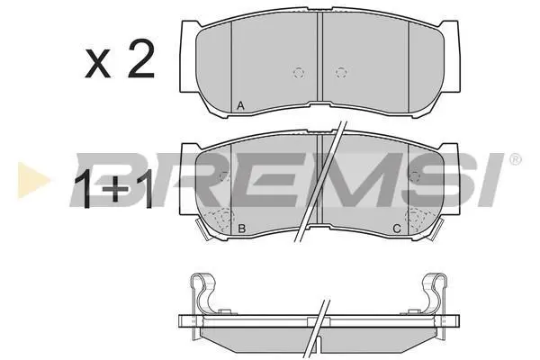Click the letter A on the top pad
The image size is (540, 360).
[240, 106]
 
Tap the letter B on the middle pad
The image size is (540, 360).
[242, 228]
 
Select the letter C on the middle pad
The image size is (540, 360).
[397, 228]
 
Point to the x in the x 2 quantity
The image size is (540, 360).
[98, 63]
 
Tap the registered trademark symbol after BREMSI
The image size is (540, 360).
[515, 159]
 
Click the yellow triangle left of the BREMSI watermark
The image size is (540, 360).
[32, 180]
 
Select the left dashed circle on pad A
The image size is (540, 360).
[299, 73]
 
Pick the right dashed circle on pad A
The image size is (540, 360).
[341, 73]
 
